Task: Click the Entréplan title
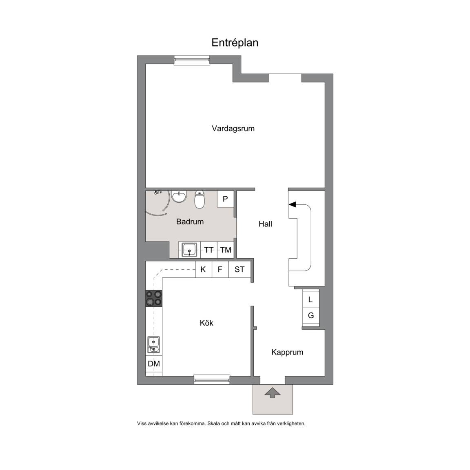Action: pyautogui.click(x=235, y=43)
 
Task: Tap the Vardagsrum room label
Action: pyautogui.click(x=233, y=129)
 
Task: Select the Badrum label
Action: pyautogui.click(x=190, y=222)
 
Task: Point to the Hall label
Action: pyautogui.click(x=265, y=224)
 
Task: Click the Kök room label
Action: pyautogui.click(x=206, y=323)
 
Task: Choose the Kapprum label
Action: pyautogui.click(x=287, y=352)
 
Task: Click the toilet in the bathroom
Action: pyautogui.click(x=200, y=200)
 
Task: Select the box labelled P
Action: pyautogui.click(x=225, y=199)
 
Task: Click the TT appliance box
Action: pyautogui.click(x=208, y=250)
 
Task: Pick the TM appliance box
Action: pyautogui.click(x=225, y=250)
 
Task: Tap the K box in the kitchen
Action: pyautogui.click(x=203, y=269)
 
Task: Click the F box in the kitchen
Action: pyautogui.click(x=220, y=269)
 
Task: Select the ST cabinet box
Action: pyautogui.click(x=239, y=269)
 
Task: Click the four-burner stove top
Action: pyautogui.click(x=154, y=298)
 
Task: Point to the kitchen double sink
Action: pyautogui.click(x=153, y=345)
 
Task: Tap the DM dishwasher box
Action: pyautogui.click(x=154, y=364)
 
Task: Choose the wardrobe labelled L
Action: pyautogui.click(x=310, y=299)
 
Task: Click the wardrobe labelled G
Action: pyautogui.click(x=310, y=316)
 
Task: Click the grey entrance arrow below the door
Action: pyautogui.click(x=273, y=392)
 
